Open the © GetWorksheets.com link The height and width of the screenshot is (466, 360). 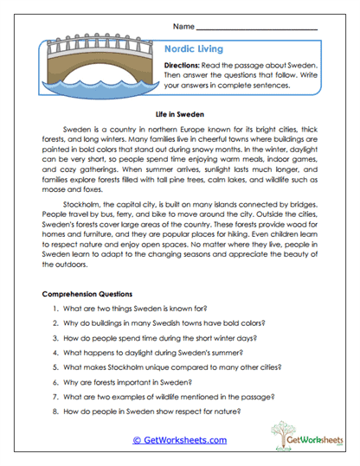(179, 439)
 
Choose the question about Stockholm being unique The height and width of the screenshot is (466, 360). (174, 367)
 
